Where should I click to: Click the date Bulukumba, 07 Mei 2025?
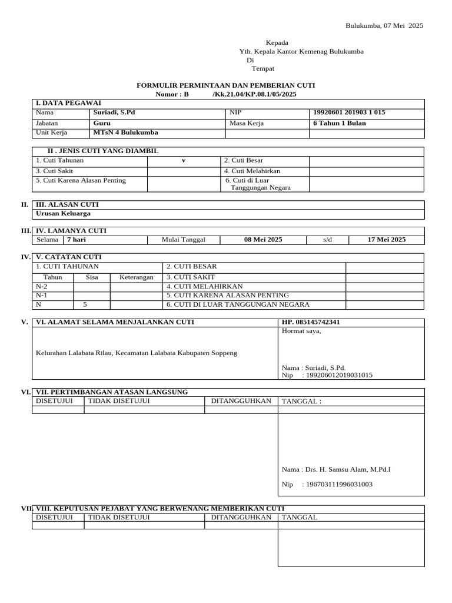384,26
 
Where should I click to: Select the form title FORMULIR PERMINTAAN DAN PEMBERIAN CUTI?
225,85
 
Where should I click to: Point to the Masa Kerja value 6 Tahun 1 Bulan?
340,123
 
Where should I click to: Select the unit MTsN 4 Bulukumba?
122,133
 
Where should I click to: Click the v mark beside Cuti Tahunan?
184,161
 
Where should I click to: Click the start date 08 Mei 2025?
263,240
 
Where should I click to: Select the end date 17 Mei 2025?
386,240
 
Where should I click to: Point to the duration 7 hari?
77,240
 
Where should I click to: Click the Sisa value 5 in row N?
85,304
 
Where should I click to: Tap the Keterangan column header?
137,277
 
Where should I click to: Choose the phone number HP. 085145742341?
311,322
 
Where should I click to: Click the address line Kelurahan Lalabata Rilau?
137,353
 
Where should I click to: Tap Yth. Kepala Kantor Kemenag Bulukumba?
301,51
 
